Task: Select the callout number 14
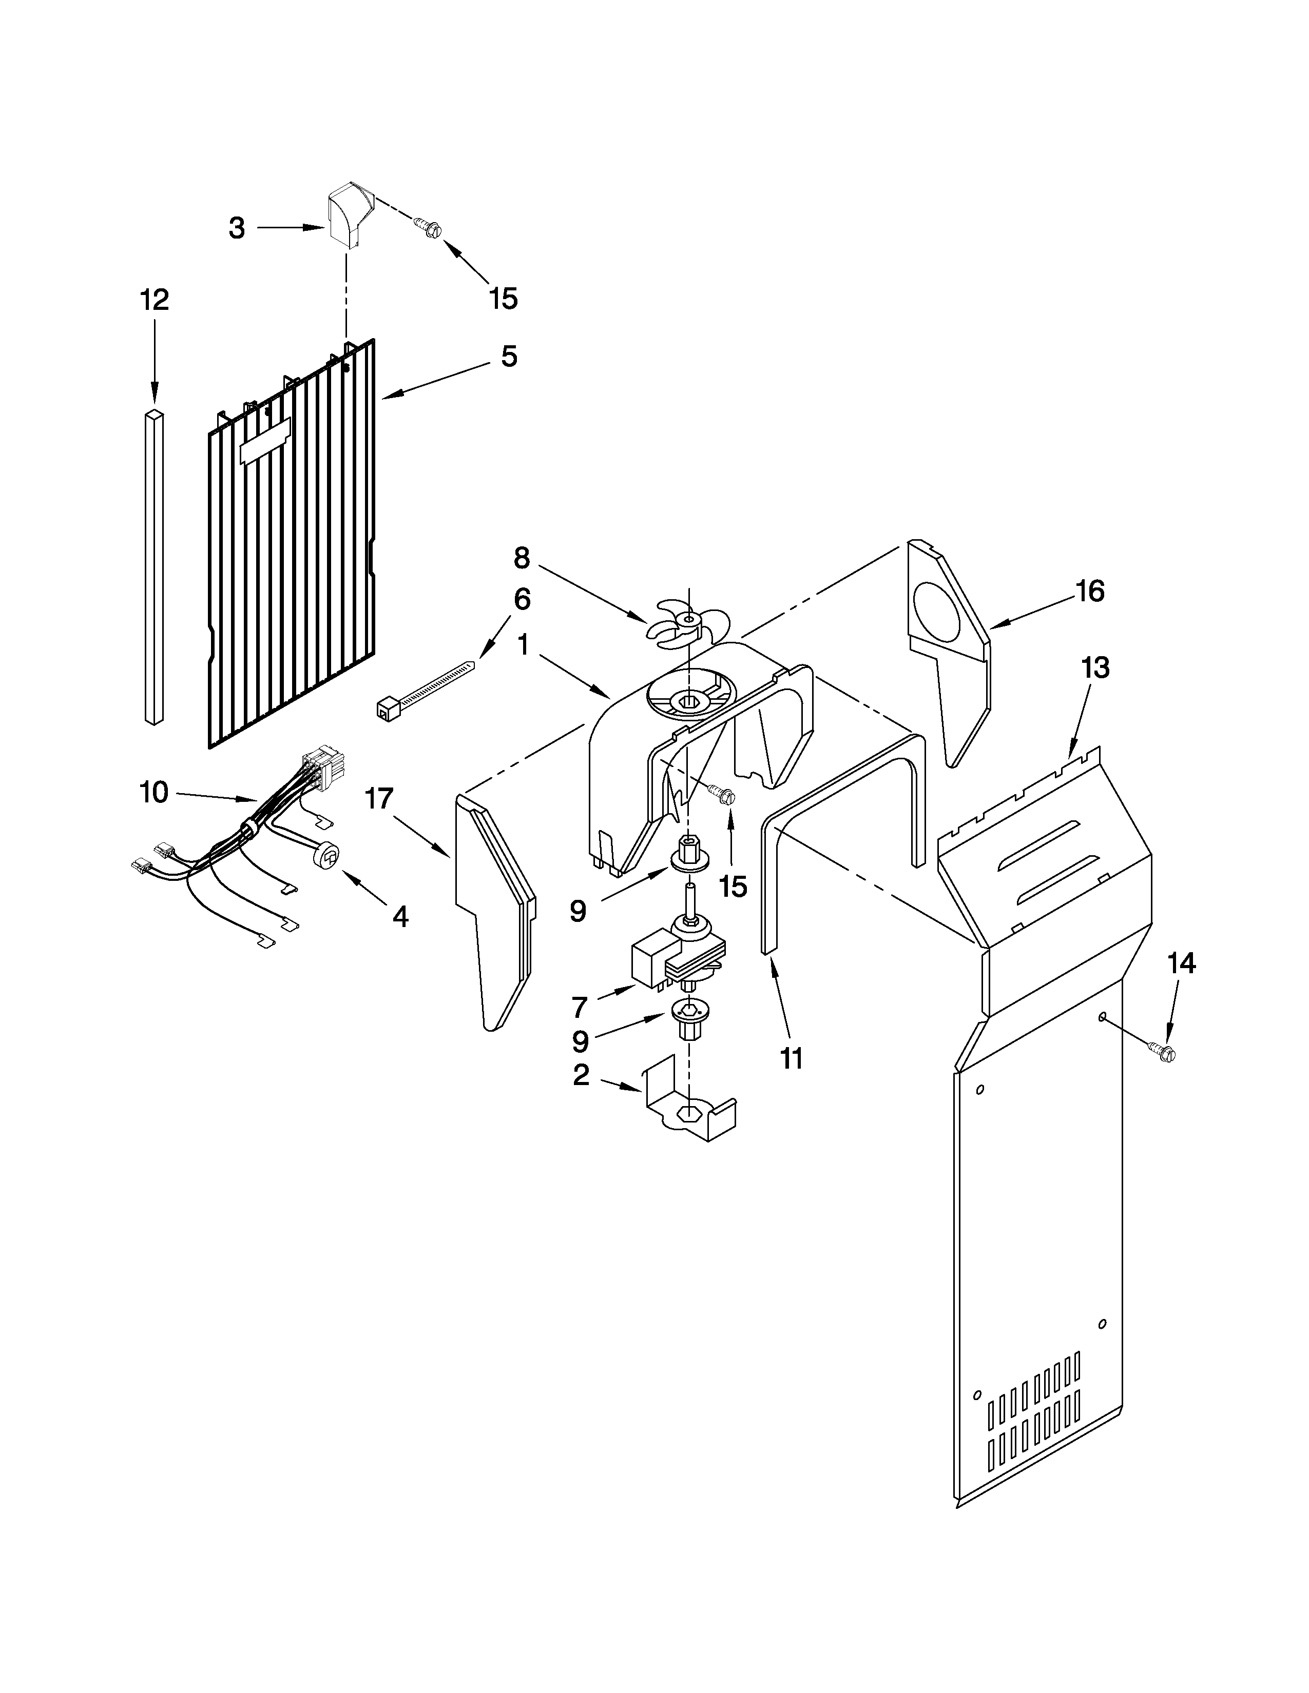tap(1181, 963)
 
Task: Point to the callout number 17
tap(380, 798)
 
